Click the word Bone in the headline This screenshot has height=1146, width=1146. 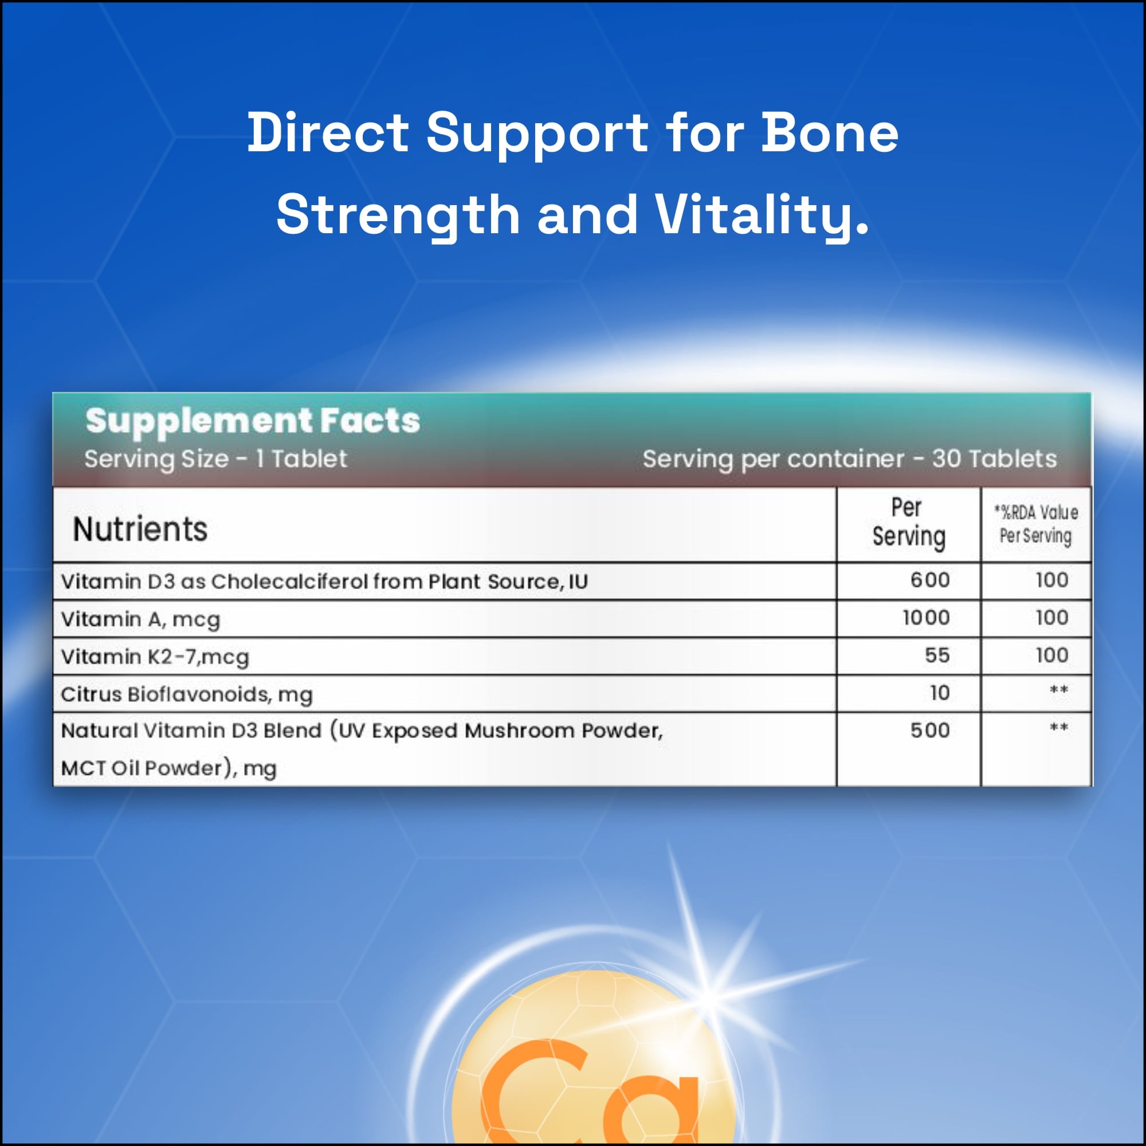pyautogui.click(x=829, y=132)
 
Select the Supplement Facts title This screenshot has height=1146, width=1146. pyautogui.click(x=253, y=422)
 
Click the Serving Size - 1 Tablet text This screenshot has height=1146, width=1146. pyautogui.click(x=215, y=458)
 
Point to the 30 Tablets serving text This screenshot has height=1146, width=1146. pyautogui.click(x=994, y=458)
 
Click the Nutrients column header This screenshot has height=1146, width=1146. pyautogui.click(x=140, y=528)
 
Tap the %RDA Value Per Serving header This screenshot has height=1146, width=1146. pyautogui.click(x=1035, y=524)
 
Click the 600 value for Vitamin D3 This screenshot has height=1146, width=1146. pyautogui.click(x=930, y=580)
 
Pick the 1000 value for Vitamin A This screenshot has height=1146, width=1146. pyautogui.click(x=926, y=618)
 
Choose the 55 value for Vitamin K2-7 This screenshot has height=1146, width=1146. pyautogui.click(x=937, y=656)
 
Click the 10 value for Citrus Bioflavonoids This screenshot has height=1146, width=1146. pyautogui.click(x=940, y=693)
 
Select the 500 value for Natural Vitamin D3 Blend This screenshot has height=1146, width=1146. pyautogui.click(x=930, y=730)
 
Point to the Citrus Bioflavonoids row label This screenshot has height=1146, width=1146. pyautogui.click(x=186, y=694)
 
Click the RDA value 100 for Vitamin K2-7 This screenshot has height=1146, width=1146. pyautogui.click(x=1051, y=656)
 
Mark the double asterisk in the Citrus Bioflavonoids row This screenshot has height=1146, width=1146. pyautogui.click(x=1059, y=690)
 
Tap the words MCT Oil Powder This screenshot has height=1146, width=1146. pyautogui.click(x=141, y=768)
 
